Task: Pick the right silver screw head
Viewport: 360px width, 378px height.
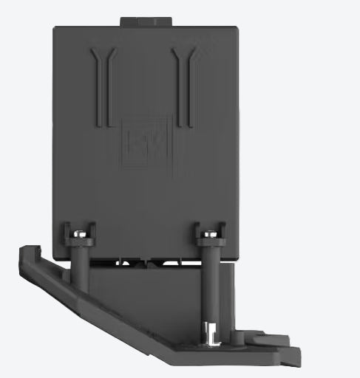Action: (x=210, y=233)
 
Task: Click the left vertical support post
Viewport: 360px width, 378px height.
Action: (x=81, y=269)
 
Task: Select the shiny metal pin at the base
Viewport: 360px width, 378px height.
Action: (x=209, y=334)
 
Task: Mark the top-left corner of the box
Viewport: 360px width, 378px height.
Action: (x=55, y=29)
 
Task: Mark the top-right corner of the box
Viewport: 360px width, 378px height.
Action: (x=237, y=29)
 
